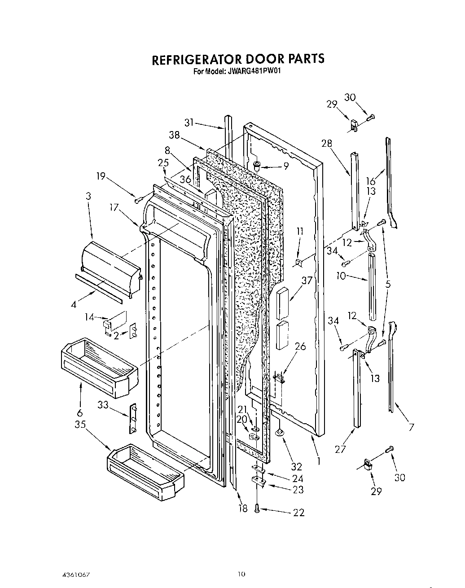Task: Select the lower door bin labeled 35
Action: click(145, 469)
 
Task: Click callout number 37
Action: click(307, 281)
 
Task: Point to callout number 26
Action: click(300, 347)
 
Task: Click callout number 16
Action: click(370, 181)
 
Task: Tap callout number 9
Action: click(285, 166)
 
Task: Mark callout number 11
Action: click(300, 232)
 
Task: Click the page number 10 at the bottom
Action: click(241, 574)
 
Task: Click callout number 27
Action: click(341, 449)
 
